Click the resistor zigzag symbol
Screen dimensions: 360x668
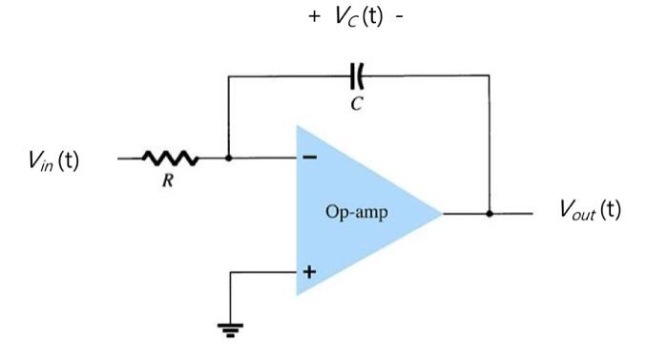(171, 159)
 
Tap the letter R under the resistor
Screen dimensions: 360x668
(167, 182)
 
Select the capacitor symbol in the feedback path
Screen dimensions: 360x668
(357, 74)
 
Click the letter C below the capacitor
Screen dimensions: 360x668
(356, 104)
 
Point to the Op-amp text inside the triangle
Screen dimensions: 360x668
(357, 212)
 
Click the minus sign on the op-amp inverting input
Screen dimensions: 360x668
(308, 159)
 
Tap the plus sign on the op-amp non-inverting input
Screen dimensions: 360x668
(308, 272)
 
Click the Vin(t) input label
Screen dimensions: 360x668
(53, 161)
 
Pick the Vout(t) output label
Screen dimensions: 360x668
(590, 211)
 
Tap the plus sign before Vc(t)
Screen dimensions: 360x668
(313, 19)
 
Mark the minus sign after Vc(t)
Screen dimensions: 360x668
(399, 19)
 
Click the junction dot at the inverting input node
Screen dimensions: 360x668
(229, 159)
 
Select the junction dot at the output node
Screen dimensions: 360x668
(490, 213)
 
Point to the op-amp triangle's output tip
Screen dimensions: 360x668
(442, 213)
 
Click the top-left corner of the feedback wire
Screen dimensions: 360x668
(229, 74)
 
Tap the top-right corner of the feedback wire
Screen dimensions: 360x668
(490, 74)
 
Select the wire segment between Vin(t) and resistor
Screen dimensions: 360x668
(130, 159)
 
